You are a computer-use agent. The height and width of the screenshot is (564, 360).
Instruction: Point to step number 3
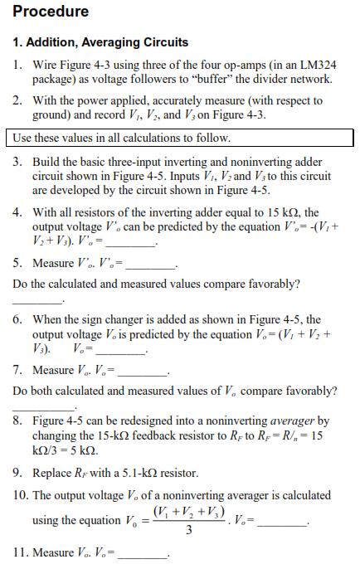18,162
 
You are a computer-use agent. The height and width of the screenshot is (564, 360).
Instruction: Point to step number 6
18,319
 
